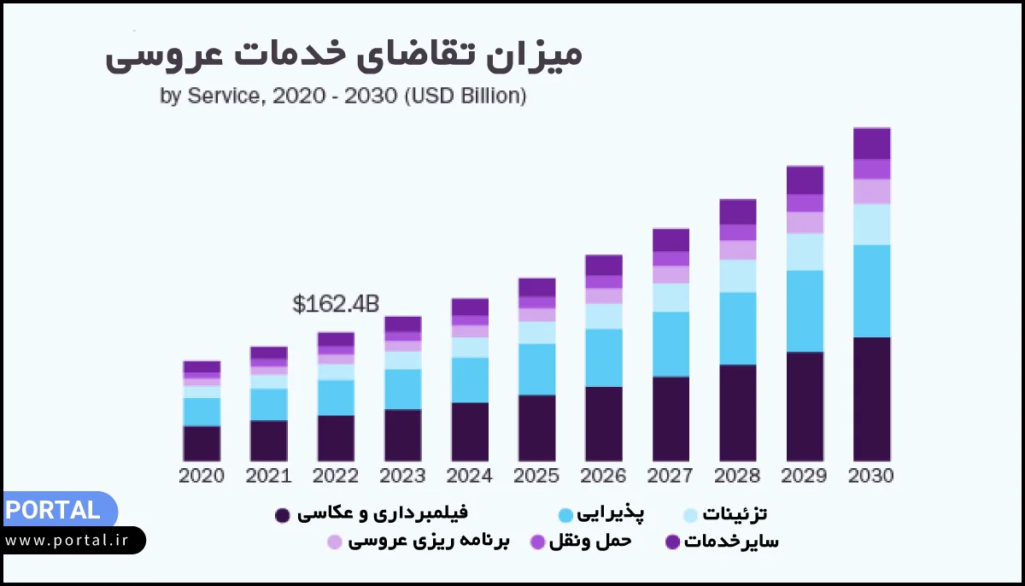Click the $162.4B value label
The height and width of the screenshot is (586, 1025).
(336, 304)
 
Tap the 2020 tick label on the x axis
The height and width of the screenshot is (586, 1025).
(202, 476)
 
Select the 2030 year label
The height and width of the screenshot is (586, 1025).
(871, 476)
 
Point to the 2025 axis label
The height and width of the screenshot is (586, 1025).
(536, 476)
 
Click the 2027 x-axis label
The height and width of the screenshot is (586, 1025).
(671, 476)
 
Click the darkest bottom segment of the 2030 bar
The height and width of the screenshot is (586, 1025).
(871, 399)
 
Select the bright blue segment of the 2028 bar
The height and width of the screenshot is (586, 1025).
(737, 328)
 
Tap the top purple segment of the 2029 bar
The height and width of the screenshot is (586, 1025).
(805, 180)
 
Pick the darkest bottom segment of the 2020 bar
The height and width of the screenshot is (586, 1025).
(202, 443)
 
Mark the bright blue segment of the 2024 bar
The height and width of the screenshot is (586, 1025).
(470, 380)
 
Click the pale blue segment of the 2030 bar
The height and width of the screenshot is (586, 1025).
(871, 224)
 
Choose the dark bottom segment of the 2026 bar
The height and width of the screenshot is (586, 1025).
(604, 424)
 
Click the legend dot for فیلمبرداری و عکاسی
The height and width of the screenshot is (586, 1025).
(281, 515)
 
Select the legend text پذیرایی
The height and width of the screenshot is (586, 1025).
(612, 513)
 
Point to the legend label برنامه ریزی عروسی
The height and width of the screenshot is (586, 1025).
(429, 541)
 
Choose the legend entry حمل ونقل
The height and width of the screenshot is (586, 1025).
(590, 541)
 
